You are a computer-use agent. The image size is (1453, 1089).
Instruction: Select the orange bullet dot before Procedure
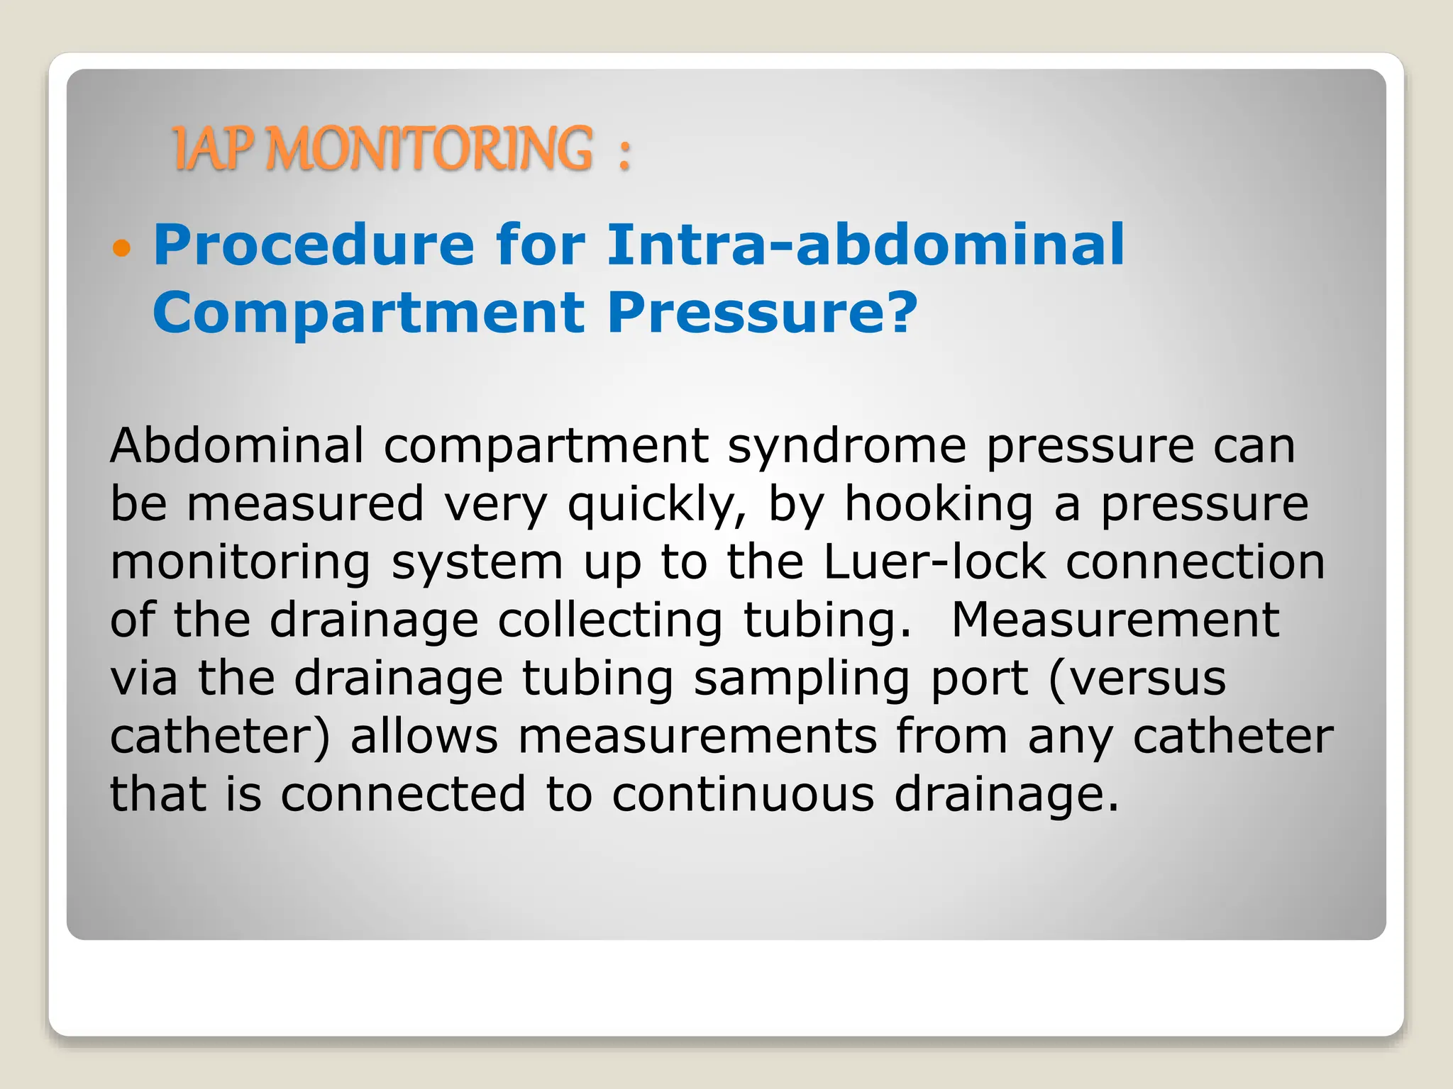tap(122, 248)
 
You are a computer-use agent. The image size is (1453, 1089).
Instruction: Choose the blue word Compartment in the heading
tap(368, 313)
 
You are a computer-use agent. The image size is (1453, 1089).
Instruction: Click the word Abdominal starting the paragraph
tap(237, 445)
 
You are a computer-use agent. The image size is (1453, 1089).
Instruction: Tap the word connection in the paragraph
tap(1195, 562)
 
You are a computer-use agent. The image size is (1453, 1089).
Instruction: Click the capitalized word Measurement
tap(1115, 620)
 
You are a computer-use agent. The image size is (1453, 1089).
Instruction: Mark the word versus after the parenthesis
tap(1147, 678)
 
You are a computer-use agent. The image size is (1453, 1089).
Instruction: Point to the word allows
tap(424, 736)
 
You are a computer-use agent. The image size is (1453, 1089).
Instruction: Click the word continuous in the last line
tap(744, 794)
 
